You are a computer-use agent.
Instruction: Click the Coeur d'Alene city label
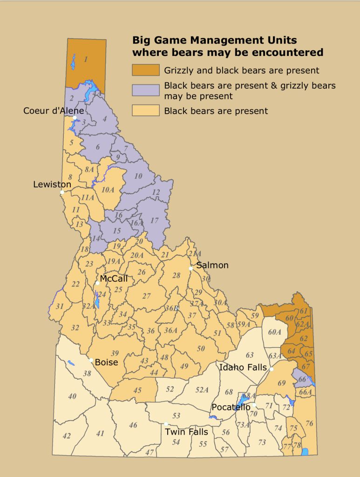click(x=54, y=111)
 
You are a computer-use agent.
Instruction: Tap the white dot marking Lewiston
click(x=62, y=191)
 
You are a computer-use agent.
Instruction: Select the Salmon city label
click(x=212, y=265)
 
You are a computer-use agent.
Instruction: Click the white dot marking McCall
click(x=98, y=283)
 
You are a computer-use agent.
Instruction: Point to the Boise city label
click(x=107, y=362)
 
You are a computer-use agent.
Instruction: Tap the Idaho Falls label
click(x=243, y=368)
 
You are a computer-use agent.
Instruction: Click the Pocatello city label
click(x=231, y=407)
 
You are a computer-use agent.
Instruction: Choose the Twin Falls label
click(x=186, y=432)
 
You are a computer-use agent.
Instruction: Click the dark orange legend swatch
click(x=145, y=70)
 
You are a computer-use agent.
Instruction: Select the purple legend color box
click(x=145, y=90)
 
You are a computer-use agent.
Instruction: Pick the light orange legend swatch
click(x=145, y=110)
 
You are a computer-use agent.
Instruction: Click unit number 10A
click(x=108, y=189)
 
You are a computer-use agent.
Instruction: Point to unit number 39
click(x=115, y=353)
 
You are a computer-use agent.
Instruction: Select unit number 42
click(x=67, y=436)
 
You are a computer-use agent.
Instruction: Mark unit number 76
click(x=309, y=423)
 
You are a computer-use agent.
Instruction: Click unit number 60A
click(x=275, y=332)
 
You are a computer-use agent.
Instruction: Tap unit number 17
click(x=155, y=220)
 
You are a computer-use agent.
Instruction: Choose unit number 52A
click(x=201, y=389)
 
